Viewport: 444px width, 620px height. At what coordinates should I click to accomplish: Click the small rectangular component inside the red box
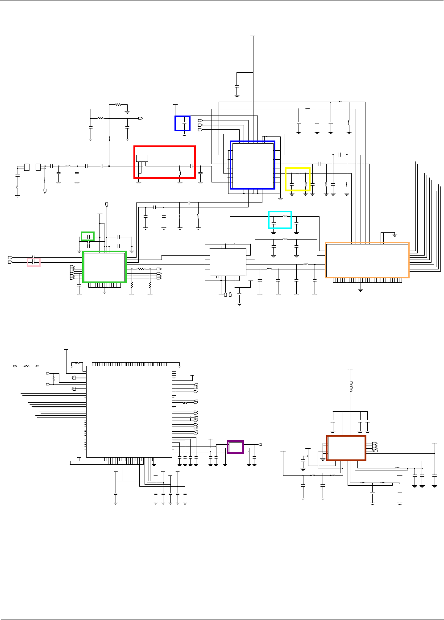[142, 158]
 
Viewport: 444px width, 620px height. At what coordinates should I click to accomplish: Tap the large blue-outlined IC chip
[253, 165]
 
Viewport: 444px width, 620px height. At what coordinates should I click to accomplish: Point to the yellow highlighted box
[298, 179]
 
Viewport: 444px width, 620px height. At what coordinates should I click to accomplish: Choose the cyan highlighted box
[280, 220]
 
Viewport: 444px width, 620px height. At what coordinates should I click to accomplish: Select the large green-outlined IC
[104, 267]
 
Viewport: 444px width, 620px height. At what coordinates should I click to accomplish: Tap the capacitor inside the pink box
[34, 262]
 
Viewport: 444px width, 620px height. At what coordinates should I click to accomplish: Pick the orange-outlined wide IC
[367, 260]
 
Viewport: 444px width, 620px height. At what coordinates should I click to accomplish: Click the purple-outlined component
[236, 447]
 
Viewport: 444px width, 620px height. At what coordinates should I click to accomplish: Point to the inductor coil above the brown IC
[350, 386]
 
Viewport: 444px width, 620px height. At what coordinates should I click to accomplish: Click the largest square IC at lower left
[129, 411]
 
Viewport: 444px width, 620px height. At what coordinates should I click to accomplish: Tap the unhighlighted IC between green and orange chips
[228, 262]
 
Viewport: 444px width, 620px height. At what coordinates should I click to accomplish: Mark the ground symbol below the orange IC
[361, 289]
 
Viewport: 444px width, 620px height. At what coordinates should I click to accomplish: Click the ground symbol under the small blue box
[184, 134]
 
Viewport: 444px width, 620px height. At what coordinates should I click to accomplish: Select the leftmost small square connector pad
[27, 167]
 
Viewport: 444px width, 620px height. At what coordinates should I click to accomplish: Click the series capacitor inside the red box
[192, 166]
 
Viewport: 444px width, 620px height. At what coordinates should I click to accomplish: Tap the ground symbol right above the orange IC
[395, 235]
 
